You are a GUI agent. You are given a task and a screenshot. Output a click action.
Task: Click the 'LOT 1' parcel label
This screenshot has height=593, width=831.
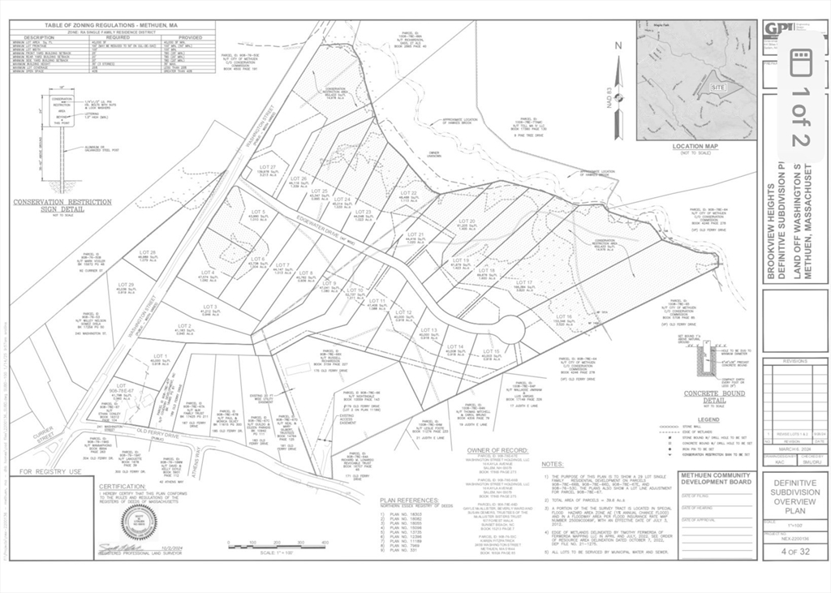(x=160, y=356)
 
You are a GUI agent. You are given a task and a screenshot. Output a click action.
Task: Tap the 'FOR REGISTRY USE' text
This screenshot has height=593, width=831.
(x=51, y=471)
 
